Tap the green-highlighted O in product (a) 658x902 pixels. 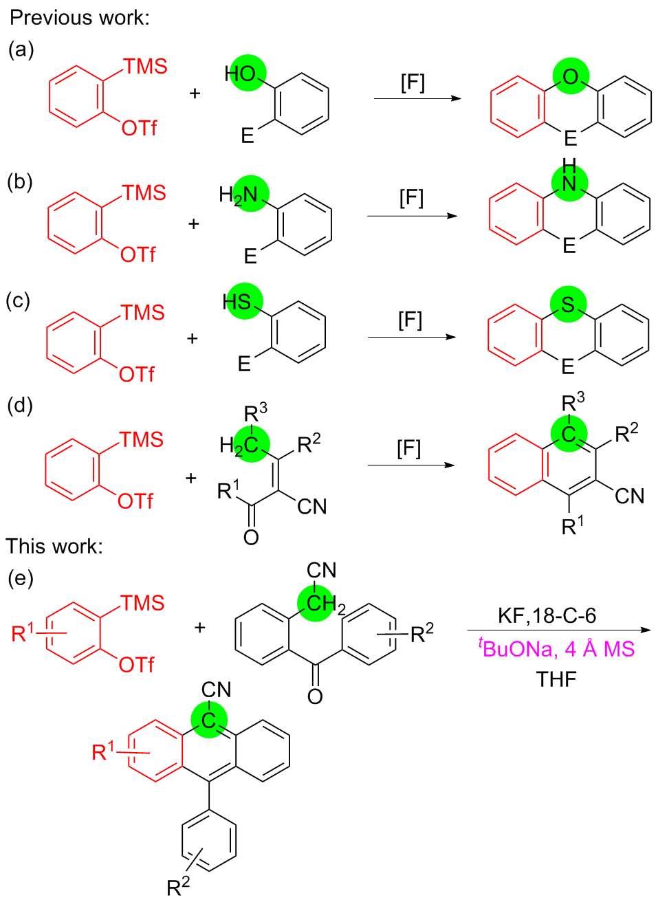(x=571, y=76)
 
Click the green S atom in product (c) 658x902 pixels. (x=568, y=305)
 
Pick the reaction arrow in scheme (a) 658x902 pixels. (x=417, y=98)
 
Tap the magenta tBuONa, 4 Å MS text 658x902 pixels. (x=556, y=648)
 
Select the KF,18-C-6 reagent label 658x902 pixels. (x=547, y=615)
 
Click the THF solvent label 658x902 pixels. (x=556, y=679)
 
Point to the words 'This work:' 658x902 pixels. (x=54, y=546)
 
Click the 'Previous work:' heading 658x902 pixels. (x=79, y=17)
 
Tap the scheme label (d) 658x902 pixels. (x=20, y=406)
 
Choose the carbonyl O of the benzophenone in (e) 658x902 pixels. (x=315, y=696)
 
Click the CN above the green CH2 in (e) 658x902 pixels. (x=321, y=571)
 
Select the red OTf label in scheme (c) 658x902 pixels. (x=137, y=374)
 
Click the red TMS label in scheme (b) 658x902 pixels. (x=144, y=192)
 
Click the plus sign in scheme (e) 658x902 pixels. (x=200, y=627)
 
